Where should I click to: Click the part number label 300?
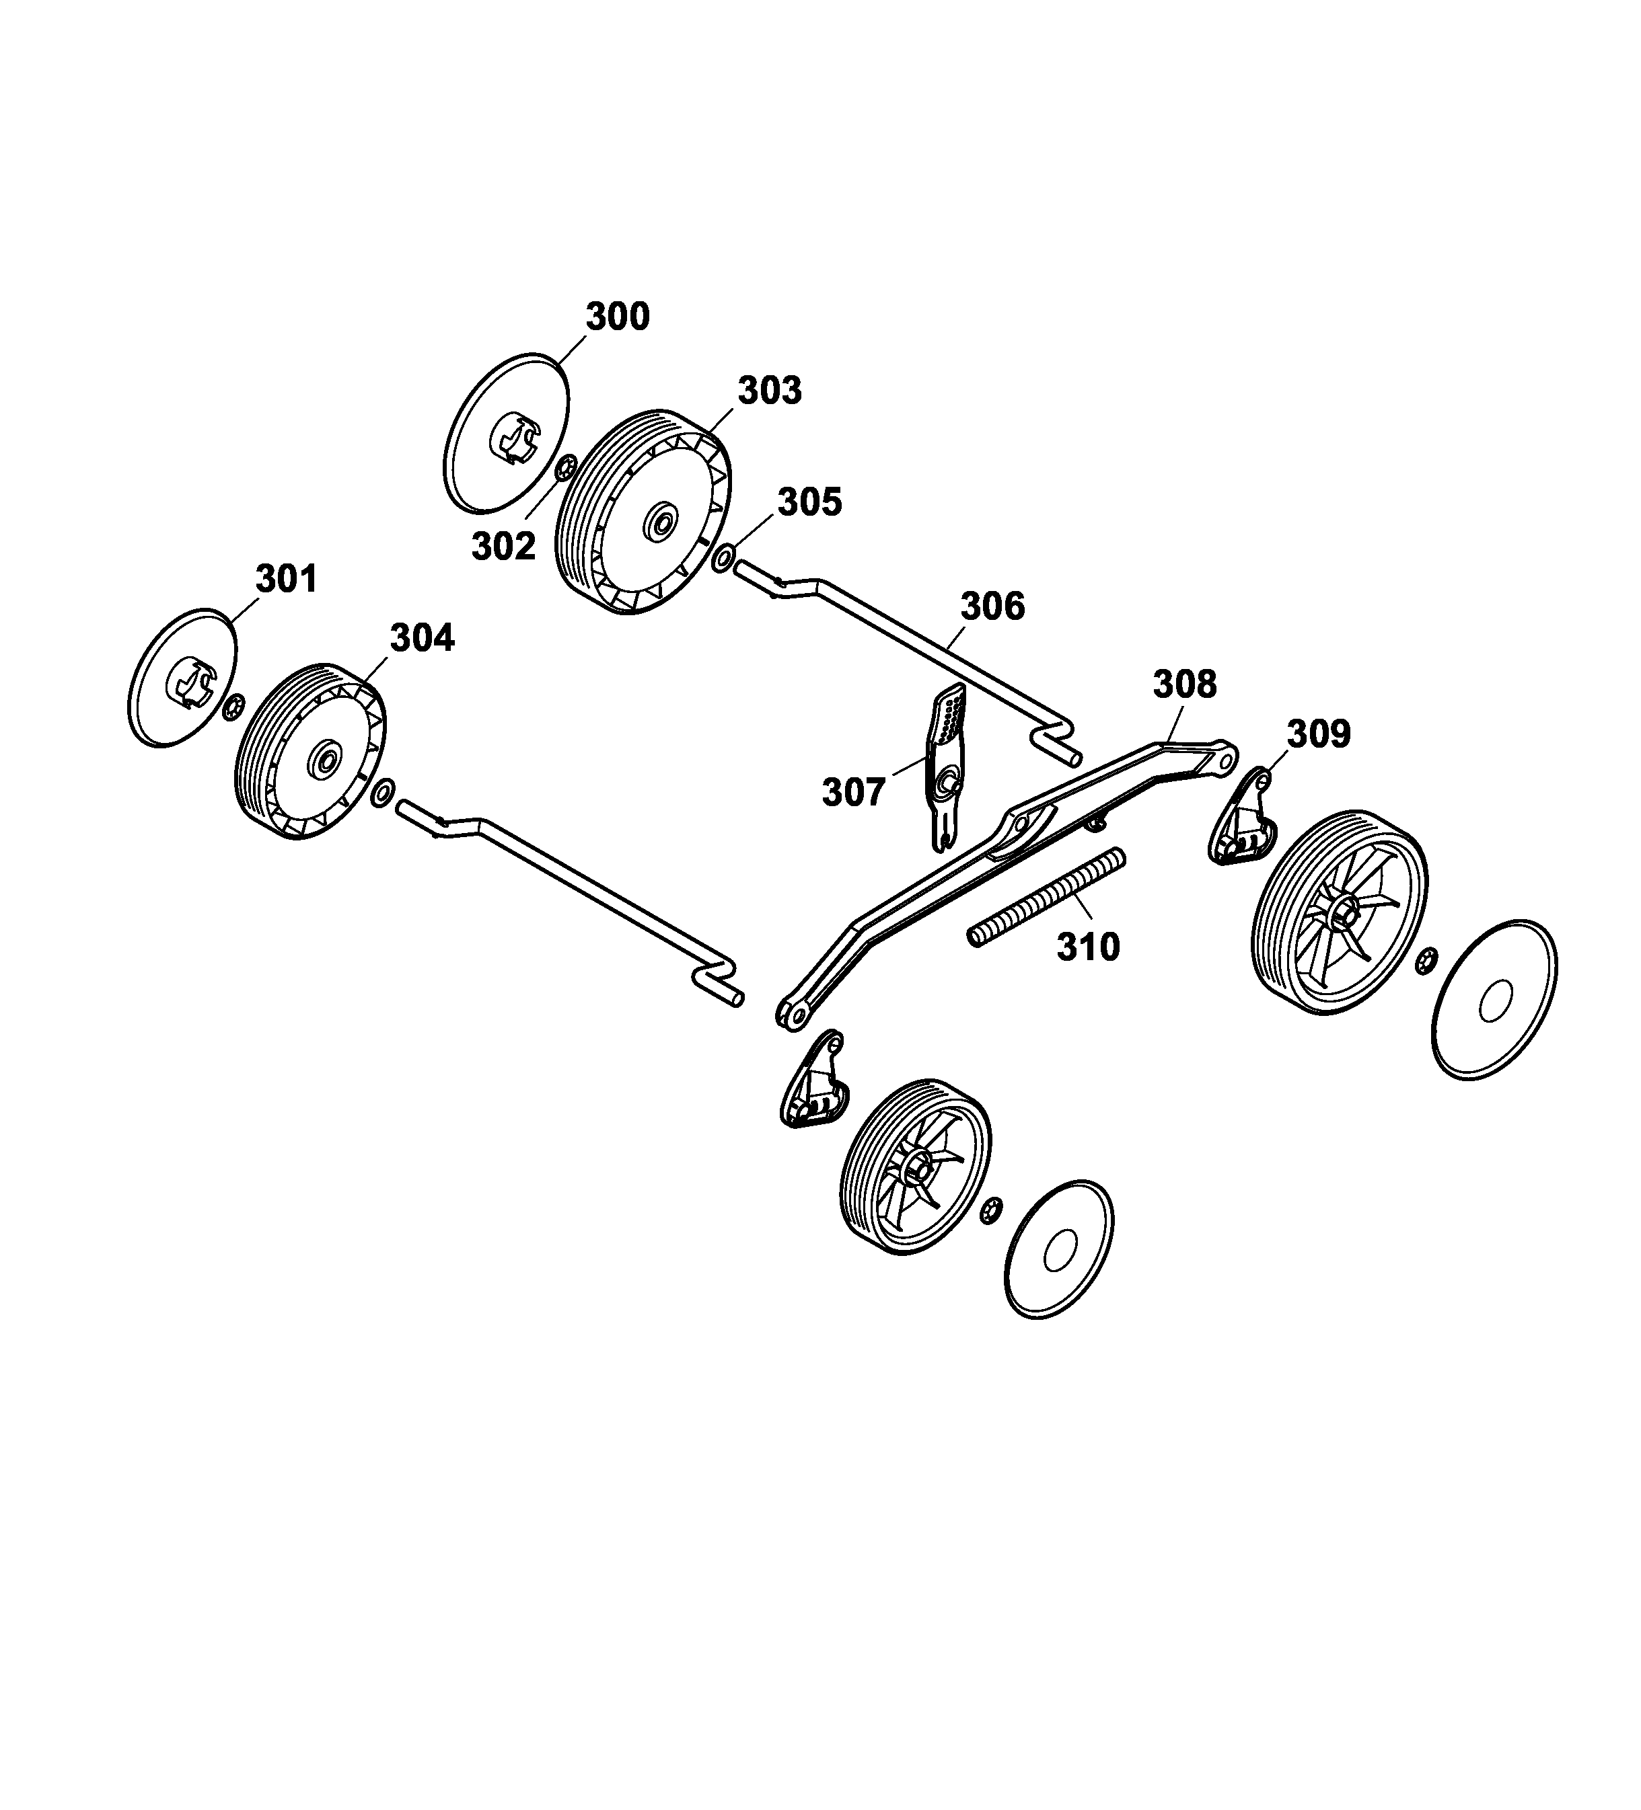click(617, 317)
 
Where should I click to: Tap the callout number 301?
click(287, 579)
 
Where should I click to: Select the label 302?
click(503, 546)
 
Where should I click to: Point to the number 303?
click(770, 391)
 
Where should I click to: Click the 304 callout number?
click(422, 637)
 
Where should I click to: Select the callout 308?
click(1185, 684)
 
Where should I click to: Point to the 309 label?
click(1319, 734)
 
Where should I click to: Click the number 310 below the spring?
click(1089, 946)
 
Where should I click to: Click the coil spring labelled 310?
click(1046, 897)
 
